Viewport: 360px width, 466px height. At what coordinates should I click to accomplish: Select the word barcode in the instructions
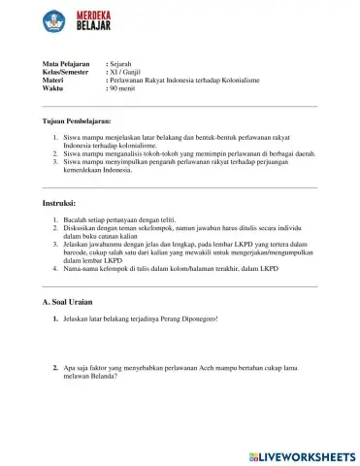point(79,252)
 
